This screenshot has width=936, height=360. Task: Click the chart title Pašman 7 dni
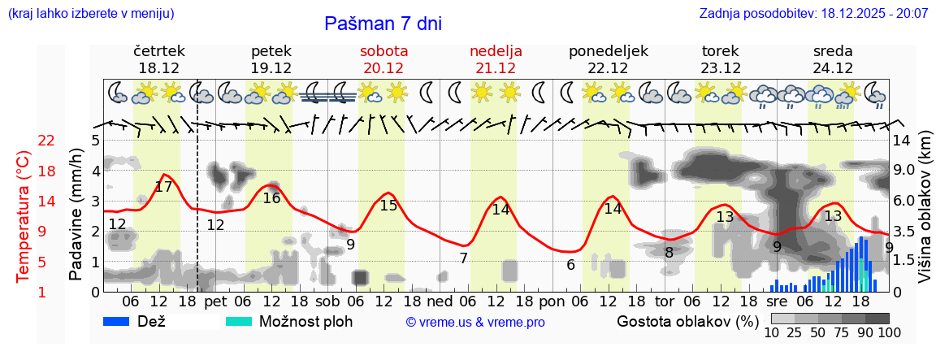tap(383, 24)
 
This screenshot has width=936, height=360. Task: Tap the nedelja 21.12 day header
tap(496, 59)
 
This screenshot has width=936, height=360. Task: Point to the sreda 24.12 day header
tap(833, 59)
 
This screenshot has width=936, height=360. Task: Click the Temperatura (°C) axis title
tap(24, 217)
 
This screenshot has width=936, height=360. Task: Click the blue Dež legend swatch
tap(122, 321)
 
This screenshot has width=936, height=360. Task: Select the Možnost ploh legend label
tap(305, 321)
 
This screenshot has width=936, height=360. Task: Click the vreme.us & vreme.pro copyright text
tap(475, 323)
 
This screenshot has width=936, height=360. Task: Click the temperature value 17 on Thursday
tap(163, 186)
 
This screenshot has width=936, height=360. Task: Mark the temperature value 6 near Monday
tap(571, 265)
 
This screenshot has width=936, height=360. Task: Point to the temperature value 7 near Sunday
tap(463, 258)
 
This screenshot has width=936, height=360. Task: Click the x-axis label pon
tap(552, 301)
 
